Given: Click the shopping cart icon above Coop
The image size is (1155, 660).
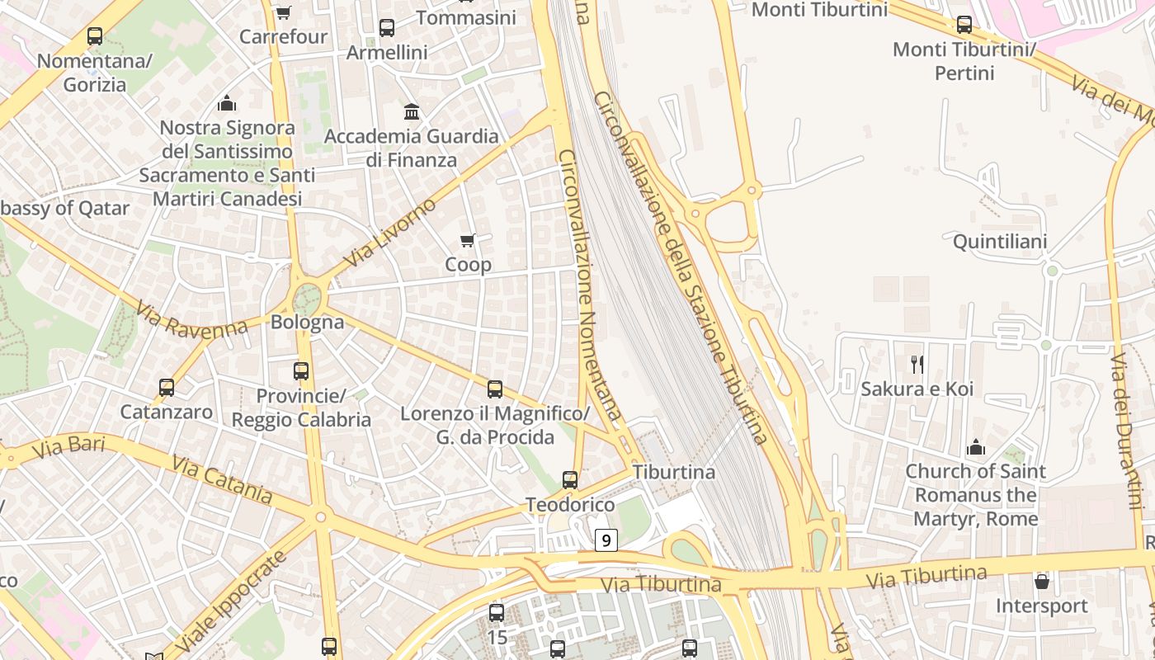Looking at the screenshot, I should pos(468,241).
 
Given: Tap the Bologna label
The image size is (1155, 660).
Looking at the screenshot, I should pos(307,322).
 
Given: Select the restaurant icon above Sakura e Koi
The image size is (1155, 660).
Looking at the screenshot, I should pos(917,364).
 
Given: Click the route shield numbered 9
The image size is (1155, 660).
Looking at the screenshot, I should pos(606,540).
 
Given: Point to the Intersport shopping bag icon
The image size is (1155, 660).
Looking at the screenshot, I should pos(1042,582).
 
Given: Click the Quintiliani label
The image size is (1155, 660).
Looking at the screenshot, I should pos(1000,242).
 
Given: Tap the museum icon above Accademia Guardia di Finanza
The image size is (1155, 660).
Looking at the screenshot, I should pos(412,111).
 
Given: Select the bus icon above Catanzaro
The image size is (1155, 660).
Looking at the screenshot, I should pos(167,387).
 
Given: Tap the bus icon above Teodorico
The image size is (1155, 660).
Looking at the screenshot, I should pos(569,479).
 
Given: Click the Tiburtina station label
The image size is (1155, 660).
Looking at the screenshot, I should pos(673,472).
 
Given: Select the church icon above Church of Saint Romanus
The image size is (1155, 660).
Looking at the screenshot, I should pos(976,447).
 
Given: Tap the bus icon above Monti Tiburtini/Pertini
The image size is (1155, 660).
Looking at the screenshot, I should pos(964,25).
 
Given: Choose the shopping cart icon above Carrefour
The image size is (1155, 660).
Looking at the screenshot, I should pos(283,12).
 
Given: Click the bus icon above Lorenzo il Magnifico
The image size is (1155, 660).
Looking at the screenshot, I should pos(495,389).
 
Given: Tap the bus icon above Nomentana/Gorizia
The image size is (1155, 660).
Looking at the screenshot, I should pos(95,36).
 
